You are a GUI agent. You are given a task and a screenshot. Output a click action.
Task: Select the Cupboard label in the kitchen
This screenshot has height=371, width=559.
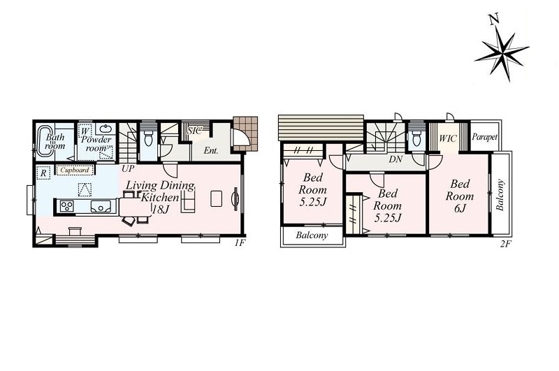point(75,170)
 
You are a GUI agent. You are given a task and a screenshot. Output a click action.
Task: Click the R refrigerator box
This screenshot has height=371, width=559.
point(43,173)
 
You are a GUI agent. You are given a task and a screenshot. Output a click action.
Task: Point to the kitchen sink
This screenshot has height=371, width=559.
point(100,207)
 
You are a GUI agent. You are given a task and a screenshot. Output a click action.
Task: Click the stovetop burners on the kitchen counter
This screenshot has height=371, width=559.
point(67,206)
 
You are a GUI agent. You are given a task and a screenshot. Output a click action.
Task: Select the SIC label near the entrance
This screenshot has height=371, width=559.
point(194,131)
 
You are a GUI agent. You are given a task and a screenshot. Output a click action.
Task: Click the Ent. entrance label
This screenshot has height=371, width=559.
point(211,151)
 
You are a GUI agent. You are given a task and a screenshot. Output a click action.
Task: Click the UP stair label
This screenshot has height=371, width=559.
point(128,168)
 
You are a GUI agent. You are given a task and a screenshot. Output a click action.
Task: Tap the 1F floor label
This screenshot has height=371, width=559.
point(240,243)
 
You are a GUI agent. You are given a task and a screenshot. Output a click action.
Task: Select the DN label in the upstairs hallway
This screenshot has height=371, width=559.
point(395,159)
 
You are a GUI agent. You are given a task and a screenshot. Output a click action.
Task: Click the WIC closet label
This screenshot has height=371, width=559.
point(447,138)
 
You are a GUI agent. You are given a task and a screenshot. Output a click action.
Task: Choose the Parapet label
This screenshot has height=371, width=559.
point(484,137)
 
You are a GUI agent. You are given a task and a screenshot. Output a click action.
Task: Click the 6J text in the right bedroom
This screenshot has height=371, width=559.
point(460,208)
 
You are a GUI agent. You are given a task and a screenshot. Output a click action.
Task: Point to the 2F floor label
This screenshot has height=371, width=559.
point(505,244)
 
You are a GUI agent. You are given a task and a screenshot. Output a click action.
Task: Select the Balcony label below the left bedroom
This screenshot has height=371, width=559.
point(312,235)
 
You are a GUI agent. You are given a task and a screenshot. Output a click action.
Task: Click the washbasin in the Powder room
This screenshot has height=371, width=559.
point(106,129)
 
